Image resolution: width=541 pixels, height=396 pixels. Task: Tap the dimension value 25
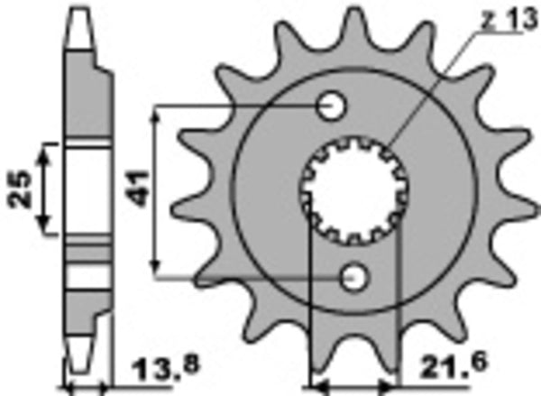[24, 188]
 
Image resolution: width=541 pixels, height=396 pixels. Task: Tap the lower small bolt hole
[353, 276]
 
